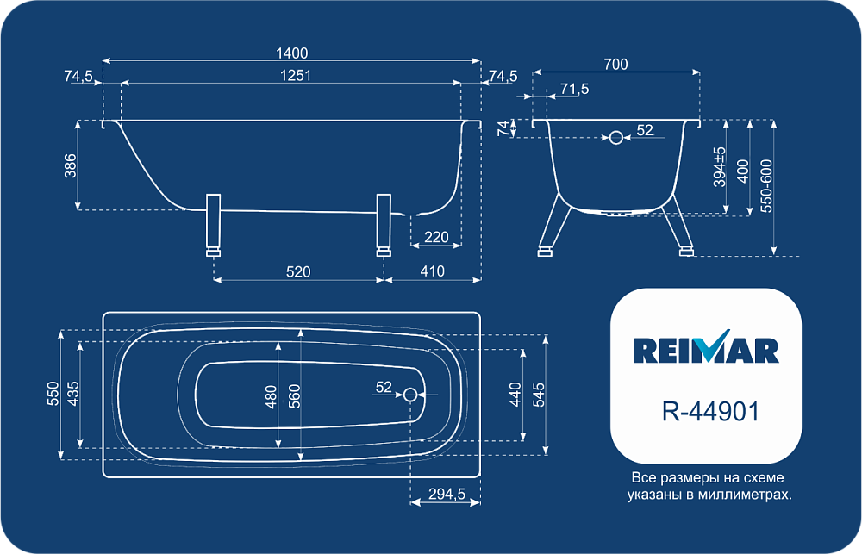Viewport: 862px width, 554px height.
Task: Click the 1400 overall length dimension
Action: pyautogui.click(x=291, y=53)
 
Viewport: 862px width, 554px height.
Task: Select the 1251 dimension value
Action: pyautogui.click(x=296, y=75)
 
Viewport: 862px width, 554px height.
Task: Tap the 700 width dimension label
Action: pyautogui.click(x=615, y=65)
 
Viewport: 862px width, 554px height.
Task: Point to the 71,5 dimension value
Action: pyautogui.click(x=574, y=89)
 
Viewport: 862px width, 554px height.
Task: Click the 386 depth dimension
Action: pyautogui.click(x=71, y=165)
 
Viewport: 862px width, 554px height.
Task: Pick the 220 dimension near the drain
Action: pyautogui.click(x=436, y=237)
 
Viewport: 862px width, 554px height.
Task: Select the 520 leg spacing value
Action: pyautogui.click(x=298, y=271)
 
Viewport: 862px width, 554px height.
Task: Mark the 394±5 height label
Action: pyautogui.click(x=720, y=166)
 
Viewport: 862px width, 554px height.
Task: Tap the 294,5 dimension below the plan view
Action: pyautogui.click(x=447, y=494)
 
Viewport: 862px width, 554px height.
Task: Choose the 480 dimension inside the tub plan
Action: pyautogui.click(x=271, y=397)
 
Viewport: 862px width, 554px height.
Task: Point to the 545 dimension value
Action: pyautogui.click(x=539, y=395)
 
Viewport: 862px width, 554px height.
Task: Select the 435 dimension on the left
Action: pyautogui.click(x=73, y=394)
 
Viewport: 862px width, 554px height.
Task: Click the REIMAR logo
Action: pyautogui.click(x=706, y=347)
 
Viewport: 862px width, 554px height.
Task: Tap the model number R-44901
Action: pyautogui.click(x=711, y=411)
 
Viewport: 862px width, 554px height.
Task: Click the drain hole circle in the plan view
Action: pyautogui.click(x=410, y=395)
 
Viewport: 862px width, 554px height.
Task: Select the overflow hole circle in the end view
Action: pyautogui.click(x=616, y=137)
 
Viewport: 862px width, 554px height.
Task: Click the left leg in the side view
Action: pyautogui.click(x=213, y=226)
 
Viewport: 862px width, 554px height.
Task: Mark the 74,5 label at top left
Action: pyautogui.click(x=78, y=76)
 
